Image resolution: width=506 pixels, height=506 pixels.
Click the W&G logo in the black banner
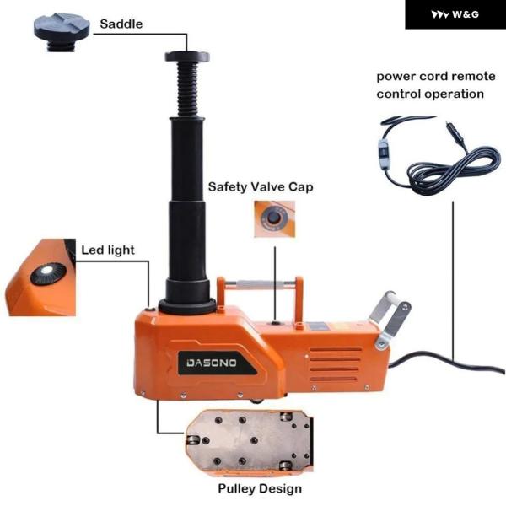[x=455, y=14]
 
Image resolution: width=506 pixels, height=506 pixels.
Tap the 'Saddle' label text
[x=121, y=24]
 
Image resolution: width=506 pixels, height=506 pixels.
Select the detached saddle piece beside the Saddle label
[x=62, y=32]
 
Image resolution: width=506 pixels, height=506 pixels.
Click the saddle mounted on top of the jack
[x=187, y=57]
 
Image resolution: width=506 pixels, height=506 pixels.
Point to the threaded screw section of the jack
[x=187, y=89]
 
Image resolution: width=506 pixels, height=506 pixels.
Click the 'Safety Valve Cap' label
[x=261, y=187]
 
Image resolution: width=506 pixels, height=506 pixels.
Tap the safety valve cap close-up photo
[x=274, y=219]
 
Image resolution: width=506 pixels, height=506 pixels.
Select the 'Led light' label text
[x=108, y=250]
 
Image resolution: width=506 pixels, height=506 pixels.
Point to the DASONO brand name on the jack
[x=212, y=363]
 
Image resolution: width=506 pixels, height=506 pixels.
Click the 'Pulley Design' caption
[x=260, y=488]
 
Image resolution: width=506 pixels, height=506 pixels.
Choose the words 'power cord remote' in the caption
[x=436, y=77]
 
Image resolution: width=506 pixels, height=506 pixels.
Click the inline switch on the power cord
[x=384, y=155]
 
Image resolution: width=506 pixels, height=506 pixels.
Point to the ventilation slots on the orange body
[x=335, y=364]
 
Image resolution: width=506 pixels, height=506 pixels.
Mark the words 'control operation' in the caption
[x=430, y=94]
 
